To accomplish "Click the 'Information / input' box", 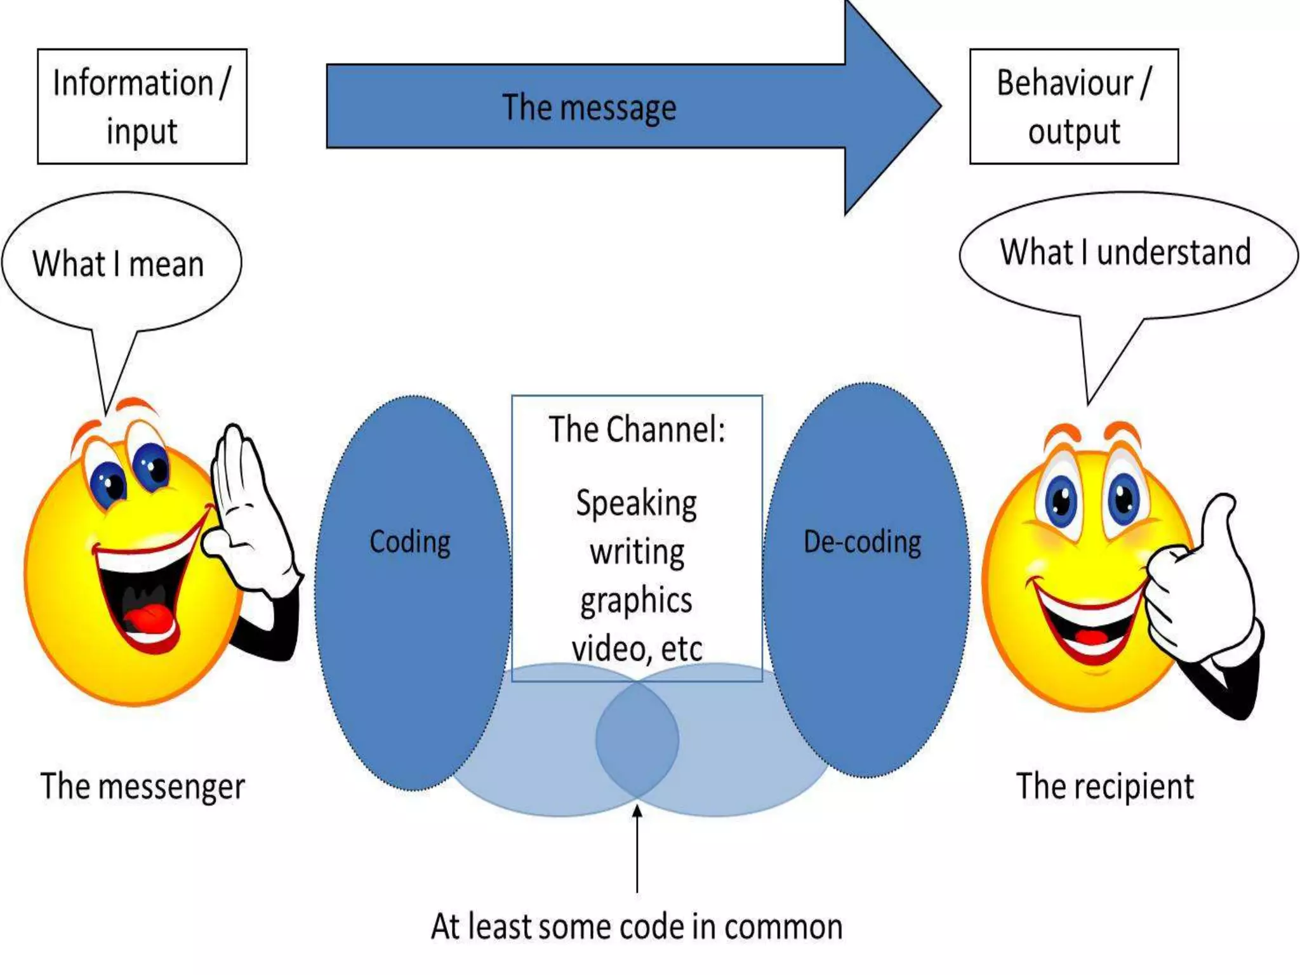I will point(142,107).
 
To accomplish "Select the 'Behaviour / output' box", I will point(1073,107).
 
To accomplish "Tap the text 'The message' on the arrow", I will point(589,107).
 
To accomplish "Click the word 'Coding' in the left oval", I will point(410,542).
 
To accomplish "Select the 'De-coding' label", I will point(862,542).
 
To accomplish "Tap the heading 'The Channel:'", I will point(637,430).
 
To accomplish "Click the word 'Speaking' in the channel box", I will point(637,504).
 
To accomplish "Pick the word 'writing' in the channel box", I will point(637,552).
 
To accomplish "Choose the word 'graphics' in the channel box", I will point(637,600).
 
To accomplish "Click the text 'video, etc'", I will point(637,649).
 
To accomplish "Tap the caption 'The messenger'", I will point(143,786).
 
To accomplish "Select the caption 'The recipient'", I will point(1105,786).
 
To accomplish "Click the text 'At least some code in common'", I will point(637,927).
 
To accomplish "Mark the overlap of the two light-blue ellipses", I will point(637,740).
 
